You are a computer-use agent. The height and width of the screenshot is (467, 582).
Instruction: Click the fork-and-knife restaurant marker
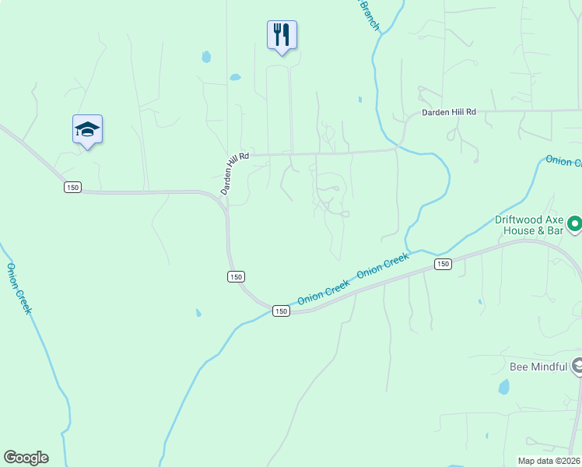[x=282, y=35]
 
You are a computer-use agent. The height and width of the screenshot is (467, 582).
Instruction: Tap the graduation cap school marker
[x=87, y=130]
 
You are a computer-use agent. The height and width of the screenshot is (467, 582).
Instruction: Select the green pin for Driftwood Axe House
[x=575, y=225]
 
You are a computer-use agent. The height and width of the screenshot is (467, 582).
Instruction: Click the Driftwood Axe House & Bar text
[x=529, y=225]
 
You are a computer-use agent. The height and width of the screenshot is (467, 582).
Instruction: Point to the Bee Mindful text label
[x=538, y=366]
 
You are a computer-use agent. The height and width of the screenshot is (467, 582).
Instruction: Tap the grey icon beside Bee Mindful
[x=577, y=365]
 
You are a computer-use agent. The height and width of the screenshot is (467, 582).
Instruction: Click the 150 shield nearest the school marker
[x=72, y=188]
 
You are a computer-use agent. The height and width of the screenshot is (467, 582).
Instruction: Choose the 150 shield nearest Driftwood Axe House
[x=443, y=265]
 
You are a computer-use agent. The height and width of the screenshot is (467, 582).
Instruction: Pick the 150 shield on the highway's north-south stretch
[x=237, y=276]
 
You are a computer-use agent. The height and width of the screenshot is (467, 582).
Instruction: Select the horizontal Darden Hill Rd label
[x=448, y=113]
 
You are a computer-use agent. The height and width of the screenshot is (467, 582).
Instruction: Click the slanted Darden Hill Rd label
[x=233, y=173]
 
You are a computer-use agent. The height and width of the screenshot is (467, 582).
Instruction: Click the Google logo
[x=26, y=458]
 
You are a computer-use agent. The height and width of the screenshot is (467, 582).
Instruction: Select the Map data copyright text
[x=549, y=461]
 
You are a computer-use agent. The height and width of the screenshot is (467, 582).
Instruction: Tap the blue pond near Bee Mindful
[x=503, y=387]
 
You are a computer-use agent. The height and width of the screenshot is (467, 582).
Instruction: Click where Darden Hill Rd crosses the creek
[x=398, y=147]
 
